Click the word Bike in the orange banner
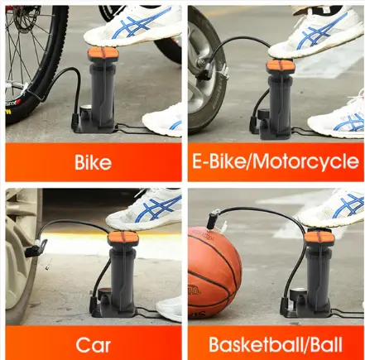pos(92,162)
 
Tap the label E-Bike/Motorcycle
pos(275,161)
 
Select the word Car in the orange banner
pos(93,343)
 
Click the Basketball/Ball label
pos(275,343)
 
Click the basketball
pos(214,270)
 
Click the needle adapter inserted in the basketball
pos(213,222)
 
